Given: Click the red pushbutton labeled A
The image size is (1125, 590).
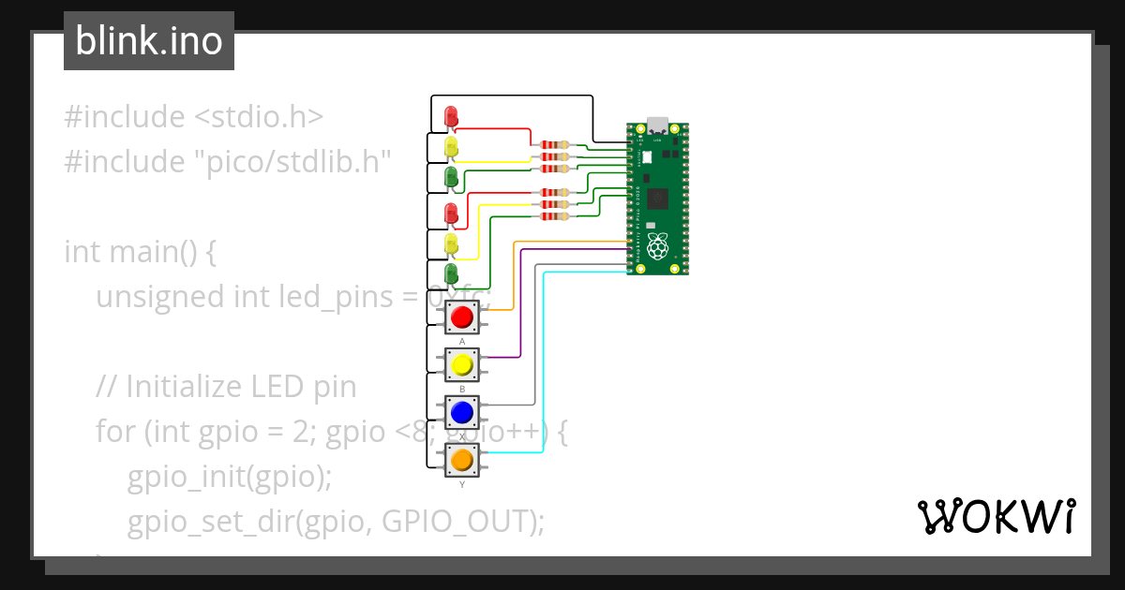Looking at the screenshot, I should pyautogui.click(x=460, y=318).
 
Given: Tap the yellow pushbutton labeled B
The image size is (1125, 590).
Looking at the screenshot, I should pyautogui.click(x=460, y=363).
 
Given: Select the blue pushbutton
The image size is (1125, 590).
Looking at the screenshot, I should pyautogui.click(x=460, y=412).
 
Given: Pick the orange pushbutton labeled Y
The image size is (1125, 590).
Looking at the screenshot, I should pyautogui.click(x=460, y=460).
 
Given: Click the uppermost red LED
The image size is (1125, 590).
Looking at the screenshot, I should pyautogui.click(x=451, y=116).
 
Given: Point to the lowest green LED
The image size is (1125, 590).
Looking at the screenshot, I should pyautogui.click(x=451, y=274).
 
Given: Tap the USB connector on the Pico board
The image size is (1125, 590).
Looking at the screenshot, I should pyautogui.click(x=657, y=125).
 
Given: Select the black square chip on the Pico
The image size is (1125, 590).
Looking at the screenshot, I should pyautogui.click(x=658, y=199).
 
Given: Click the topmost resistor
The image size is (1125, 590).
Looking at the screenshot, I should pyautogui.click(x=553, y=145).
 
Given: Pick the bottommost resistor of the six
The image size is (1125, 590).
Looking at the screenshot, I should pyautogui.click(x=553, y=216).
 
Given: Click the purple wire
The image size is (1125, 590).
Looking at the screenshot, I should pyautogui.click(x=520, y=309).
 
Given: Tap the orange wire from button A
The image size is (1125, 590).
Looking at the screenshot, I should pyautogui.click(x=512, y=281).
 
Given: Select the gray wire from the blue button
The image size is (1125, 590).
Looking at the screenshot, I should pyautogui.click(x=535, y=347).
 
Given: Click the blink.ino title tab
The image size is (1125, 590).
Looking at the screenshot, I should pyautogui.click(x=149, y=41).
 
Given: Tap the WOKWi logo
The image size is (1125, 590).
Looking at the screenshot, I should pyautogui.click(x=995, y=516).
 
